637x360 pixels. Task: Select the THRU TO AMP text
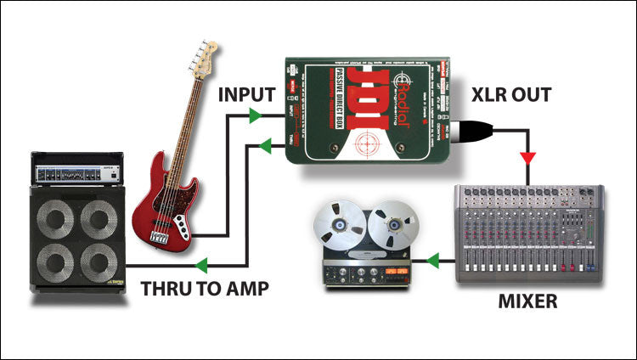click(205, 288)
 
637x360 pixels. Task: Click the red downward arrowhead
click(528, 158)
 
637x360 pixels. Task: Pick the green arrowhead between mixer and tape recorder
click(434, 258)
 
